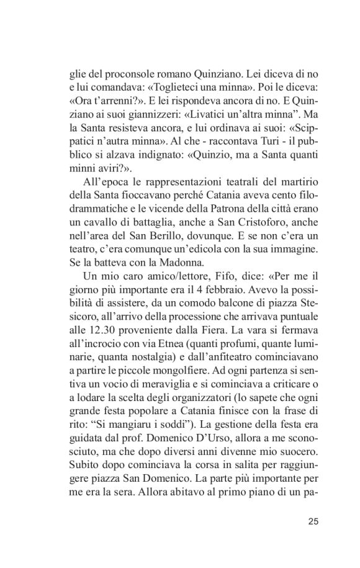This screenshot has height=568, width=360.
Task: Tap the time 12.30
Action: click(x=93, y=361)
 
